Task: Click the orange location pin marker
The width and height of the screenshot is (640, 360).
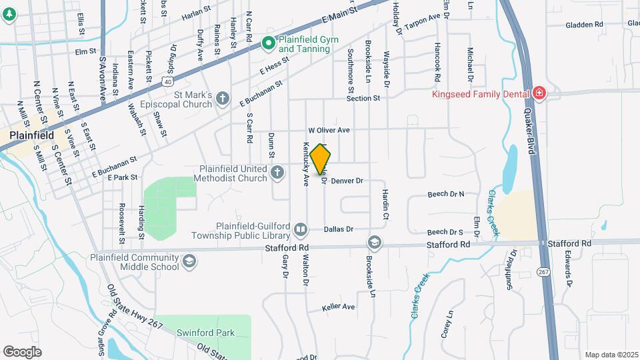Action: (x=321, y=159)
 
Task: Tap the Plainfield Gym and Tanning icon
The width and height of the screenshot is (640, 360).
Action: (x=269, y=44)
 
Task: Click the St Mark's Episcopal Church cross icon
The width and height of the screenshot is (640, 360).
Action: (x=222, y=99)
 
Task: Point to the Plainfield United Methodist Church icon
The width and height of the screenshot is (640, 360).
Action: (x=278, y=173)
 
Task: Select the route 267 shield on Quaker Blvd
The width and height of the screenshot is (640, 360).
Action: (x=544, y=271)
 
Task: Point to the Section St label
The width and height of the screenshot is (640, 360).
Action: (x=363, y=98)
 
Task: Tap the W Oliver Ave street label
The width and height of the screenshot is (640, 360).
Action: (x=329, y=130)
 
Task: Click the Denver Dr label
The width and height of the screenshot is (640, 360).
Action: (x=346, y=181)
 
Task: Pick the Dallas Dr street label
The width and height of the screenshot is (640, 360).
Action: (x=338, y=229)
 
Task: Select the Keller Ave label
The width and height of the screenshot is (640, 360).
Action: (x=338, y=307)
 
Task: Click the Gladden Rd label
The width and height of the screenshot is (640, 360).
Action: (x=583, y=24)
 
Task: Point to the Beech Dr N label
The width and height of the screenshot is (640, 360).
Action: (x=445, y=194)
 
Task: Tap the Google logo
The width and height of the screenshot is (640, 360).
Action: (x=22, y=351)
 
